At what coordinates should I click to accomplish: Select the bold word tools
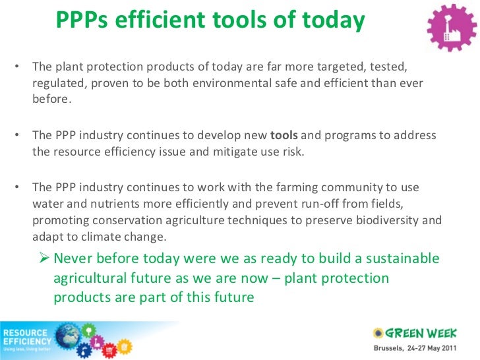[284, 135]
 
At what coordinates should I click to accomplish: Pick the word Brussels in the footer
[390, 347]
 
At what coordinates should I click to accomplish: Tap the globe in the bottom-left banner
[69, 338]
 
